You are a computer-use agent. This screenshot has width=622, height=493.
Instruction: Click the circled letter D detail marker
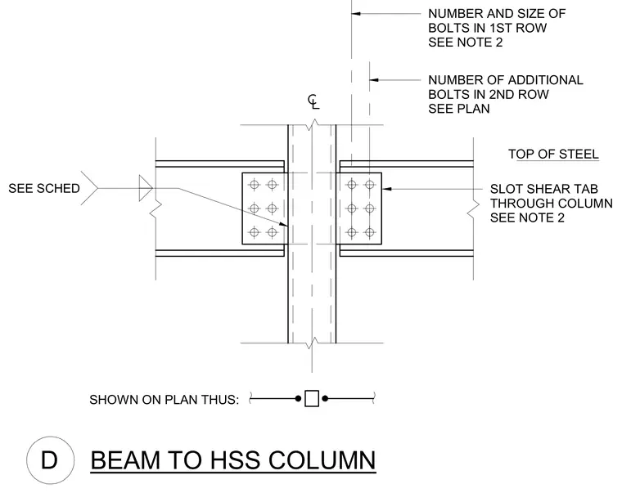[51, 460]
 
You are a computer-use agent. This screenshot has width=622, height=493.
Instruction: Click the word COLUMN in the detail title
[322, 460]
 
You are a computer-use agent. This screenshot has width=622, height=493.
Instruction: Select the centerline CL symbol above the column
[313, 102]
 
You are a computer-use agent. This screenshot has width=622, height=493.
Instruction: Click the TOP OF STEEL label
[553, 155]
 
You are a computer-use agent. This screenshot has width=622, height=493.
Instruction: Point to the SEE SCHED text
[44, 188]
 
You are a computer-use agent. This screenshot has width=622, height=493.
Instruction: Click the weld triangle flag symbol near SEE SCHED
[146, 188]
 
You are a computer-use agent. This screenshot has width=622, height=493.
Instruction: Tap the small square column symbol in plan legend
[312, 399]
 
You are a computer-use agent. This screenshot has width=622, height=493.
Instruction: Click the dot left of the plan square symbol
[298, 399]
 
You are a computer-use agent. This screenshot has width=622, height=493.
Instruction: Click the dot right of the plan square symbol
[325, 399]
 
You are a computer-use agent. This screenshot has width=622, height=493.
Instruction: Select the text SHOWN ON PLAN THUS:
[165, 400]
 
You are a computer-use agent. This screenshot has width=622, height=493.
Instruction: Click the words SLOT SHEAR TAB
[544, 189]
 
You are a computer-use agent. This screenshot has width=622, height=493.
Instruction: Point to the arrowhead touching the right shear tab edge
[386, 189]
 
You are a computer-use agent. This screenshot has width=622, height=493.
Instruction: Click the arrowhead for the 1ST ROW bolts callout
[356, 14]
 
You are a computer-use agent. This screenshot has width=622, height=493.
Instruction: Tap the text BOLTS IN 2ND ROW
[489, 94]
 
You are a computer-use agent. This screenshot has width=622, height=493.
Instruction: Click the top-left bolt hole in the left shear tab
[255, 184]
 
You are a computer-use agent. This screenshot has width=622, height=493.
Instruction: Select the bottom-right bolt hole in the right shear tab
[370, 232]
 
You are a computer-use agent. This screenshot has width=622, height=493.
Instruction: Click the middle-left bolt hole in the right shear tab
[351, 208]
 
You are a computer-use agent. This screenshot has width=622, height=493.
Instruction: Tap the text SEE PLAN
[459, 109]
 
